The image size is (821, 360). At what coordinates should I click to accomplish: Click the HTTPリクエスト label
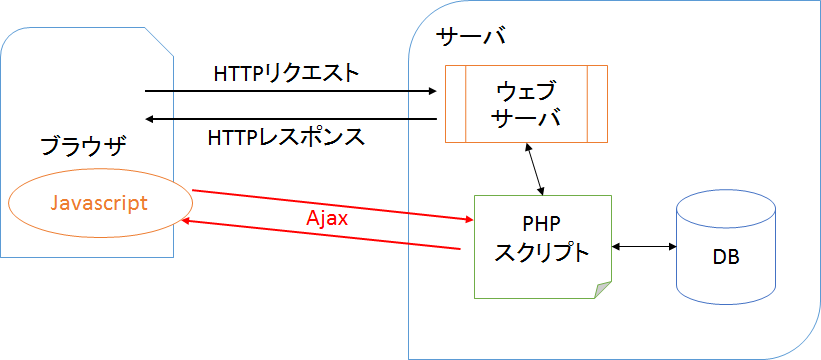point(286,74)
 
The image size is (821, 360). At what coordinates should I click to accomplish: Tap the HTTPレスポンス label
point(286,136)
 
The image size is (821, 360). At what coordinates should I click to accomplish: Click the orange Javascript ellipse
point(99,203)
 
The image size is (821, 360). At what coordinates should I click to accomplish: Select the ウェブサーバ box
point(526,104)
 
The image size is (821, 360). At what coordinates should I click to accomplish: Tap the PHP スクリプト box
point(541,246)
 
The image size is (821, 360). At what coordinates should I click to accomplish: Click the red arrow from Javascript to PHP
point(330,204)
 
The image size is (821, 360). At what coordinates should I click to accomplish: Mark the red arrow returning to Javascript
point(320,236)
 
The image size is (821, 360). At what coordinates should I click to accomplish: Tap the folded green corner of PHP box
point(603,291)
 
